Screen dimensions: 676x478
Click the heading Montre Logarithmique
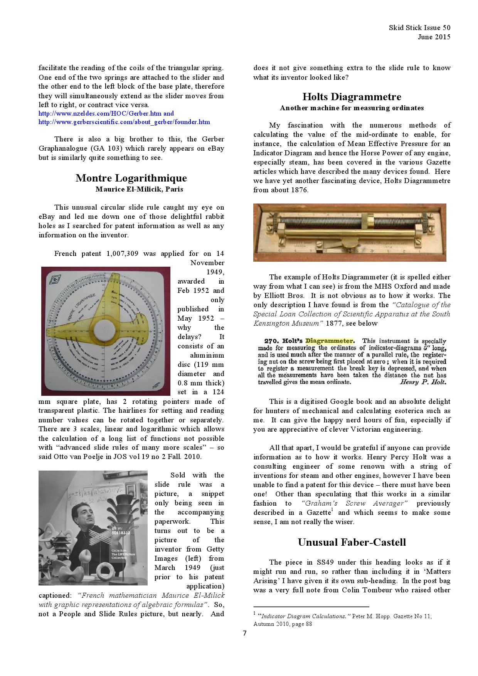[x=131, y=178]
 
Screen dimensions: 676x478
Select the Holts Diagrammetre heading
[x=352, y=97]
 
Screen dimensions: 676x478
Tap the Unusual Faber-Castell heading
[x=352, y=542]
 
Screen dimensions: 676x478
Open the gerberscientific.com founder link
[x=124, y=122]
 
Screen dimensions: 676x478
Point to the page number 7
[x=244, y=633]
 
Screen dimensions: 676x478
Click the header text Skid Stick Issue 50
[x=419, y=28]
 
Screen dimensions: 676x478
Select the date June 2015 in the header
[x=434, y=37]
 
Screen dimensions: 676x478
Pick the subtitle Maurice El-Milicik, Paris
[x=139, y=189]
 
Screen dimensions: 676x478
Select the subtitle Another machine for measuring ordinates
[x=352, y=108]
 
